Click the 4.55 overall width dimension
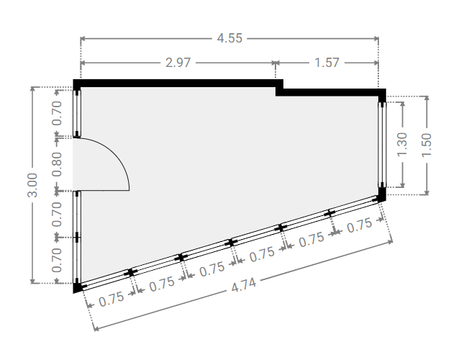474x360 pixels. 229,38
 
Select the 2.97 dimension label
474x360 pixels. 178,63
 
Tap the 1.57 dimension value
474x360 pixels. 327,63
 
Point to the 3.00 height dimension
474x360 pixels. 32,185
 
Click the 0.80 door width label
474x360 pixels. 57,164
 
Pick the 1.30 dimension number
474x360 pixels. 402,144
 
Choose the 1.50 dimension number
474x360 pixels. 427,145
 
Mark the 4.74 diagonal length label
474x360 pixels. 244,285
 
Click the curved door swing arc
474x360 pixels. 116,154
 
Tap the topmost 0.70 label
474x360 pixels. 57,113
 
